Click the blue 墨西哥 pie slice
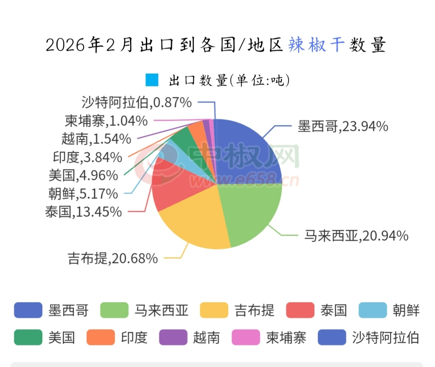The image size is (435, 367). coord(247,151)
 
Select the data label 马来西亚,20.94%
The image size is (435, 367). coord(356,236)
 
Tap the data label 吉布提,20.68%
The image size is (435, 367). coord(113,258)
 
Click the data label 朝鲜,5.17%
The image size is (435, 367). coord(83,194)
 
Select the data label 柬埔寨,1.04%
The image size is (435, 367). coord(106,121)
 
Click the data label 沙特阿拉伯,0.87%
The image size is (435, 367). coord(137,102)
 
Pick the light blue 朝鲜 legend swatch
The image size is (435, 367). coord(372,310)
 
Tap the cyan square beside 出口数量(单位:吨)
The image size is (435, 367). coord(152,80)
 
